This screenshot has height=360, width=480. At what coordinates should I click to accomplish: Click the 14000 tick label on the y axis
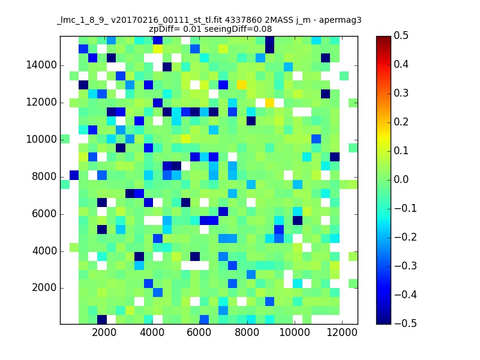(41, 65)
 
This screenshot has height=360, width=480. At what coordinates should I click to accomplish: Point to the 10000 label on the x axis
(294, 332)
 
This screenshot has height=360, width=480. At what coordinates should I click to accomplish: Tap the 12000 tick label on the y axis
(41, 102)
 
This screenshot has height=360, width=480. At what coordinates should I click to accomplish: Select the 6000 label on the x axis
(199, 332)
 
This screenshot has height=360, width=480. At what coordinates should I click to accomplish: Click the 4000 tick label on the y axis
(44, 251)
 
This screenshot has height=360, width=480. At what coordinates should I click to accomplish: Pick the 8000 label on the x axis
(247, 332)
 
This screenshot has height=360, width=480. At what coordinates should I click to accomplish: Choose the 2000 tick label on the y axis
(44, 288)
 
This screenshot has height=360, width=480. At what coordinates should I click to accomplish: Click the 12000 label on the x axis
(341, 332)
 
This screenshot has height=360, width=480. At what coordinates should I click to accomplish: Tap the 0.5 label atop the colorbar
(401, 35)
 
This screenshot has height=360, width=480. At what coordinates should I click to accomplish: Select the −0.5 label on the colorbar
(406, 323)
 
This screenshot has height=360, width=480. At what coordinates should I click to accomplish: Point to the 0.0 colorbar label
(401, 179)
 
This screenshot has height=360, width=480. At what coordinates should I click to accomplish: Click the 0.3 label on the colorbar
(401, 93)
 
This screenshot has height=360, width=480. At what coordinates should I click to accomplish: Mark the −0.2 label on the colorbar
(406, 237)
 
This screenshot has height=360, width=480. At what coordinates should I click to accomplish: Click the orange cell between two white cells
(269, 103)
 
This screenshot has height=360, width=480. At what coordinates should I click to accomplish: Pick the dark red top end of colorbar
(383, 38)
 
